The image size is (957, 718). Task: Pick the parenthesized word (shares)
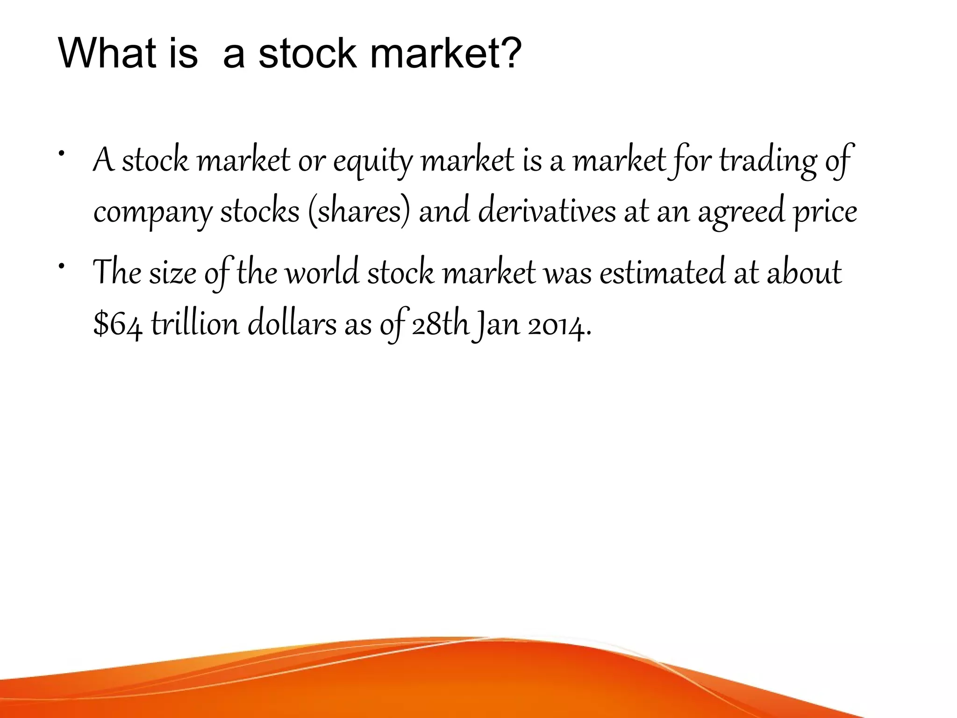[359, 212]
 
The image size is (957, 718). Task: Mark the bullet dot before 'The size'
[61, 266]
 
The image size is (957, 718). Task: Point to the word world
[322, 273]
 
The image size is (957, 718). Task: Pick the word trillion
[195, 324]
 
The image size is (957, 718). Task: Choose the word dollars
[292, 324]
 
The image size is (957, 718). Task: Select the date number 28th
[440, 324]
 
